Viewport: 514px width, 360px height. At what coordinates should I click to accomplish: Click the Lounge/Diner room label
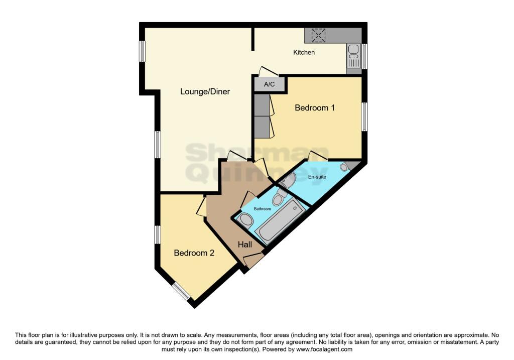tap(205, 91)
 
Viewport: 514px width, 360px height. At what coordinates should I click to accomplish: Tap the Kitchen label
tap(304, 52)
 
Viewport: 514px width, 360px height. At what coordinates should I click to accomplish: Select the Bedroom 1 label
tap(315, 107)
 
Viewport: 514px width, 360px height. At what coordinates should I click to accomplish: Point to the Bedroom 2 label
tap(194, 253)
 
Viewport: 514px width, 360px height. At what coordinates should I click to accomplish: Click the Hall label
tap(245, 244)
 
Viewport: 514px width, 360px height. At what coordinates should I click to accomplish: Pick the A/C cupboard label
tap(270, 84)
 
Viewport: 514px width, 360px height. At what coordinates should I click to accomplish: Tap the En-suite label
tap(317, 177)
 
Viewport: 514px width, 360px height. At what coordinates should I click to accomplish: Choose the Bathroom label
tap(262, 209)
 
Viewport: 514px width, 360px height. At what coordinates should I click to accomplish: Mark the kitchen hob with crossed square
tap(318, 36)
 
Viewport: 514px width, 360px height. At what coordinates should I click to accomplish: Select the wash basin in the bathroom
tap(245, 219)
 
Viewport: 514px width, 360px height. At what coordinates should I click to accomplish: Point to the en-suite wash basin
tap(289, 180)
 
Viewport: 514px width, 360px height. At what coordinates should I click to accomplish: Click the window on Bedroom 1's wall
tap(364, 117)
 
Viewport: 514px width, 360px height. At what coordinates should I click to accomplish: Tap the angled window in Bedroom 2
tap(181, 291)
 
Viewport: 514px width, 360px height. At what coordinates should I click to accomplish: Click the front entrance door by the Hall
tap(253, 260)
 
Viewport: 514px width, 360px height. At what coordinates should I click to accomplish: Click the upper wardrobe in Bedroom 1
tap(262, 105)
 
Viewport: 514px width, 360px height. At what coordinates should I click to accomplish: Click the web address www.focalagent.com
tap(324, 349)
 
